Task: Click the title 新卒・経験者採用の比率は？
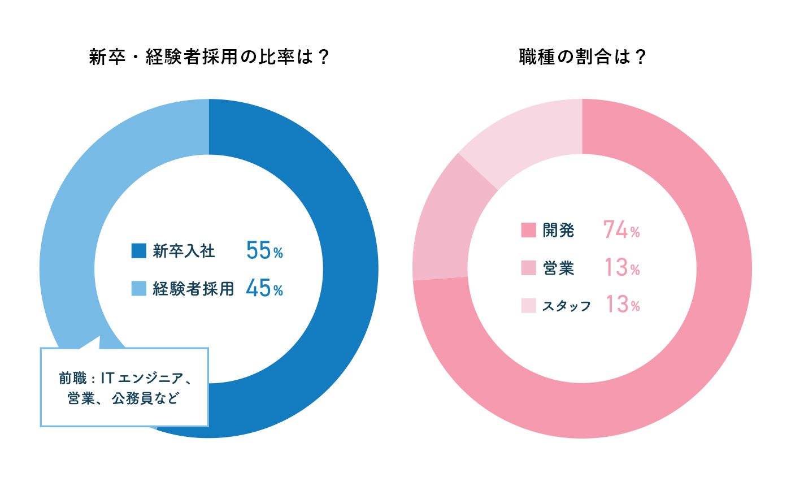pyautogui.click(x=209, y=58)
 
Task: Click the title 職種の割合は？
pyautogui.click(x=582, y=58)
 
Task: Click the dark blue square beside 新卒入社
pyautogui.click(x=138, y=251)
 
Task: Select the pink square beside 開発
pyautogui.click(x=528, y=231)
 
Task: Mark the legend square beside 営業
pyautogui.click(x=528, y=268)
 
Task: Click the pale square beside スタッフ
pyautogui.click(x=528, y=305)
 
